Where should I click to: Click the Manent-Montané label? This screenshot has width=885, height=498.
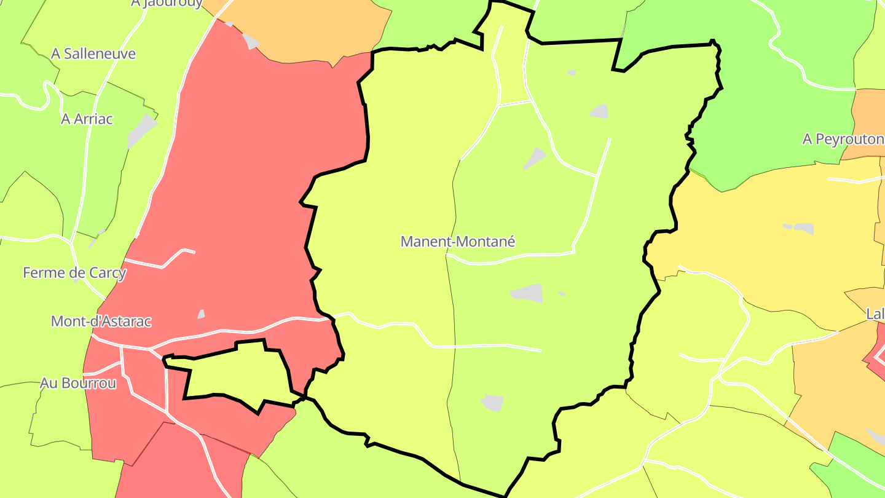pos(457,242)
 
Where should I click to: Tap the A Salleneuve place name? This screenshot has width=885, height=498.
pos(93,54)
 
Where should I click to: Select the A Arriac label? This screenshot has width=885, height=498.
pos(87,119)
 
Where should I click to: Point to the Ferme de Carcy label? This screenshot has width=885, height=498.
pos(74,272)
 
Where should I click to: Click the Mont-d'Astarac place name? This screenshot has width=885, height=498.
pos(101,321)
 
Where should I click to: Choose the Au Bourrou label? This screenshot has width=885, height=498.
pos(78,383)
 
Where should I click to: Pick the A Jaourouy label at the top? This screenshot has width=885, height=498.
pos(167,4)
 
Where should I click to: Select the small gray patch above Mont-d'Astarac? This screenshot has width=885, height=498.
pos(201,314)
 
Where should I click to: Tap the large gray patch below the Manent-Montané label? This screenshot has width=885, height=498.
pos(527,293)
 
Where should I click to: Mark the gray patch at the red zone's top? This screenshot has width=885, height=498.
pos(251,41)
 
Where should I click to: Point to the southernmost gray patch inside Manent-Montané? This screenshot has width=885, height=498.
pos(493,403)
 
